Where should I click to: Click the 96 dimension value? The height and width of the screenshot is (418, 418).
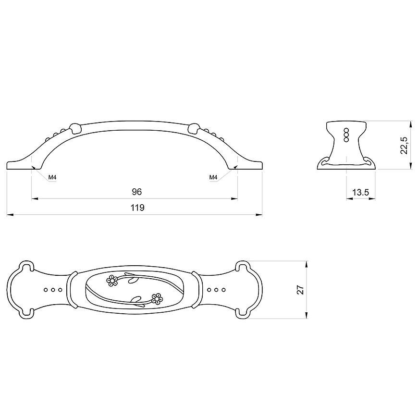[137, 192]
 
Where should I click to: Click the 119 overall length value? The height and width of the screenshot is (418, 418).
[137, 208]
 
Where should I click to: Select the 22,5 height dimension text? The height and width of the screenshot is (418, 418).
[405, 145]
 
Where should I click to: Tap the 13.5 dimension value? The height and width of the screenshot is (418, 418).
[361, 192]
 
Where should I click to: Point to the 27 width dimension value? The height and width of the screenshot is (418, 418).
[300, 290]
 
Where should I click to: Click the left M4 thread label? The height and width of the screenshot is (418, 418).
[52, 177]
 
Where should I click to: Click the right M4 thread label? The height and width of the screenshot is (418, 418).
[213, 177]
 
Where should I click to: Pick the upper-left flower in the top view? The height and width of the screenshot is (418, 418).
[112, 281]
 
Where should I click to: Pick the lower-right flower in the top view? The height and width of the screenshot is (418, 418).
[157, 299]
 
